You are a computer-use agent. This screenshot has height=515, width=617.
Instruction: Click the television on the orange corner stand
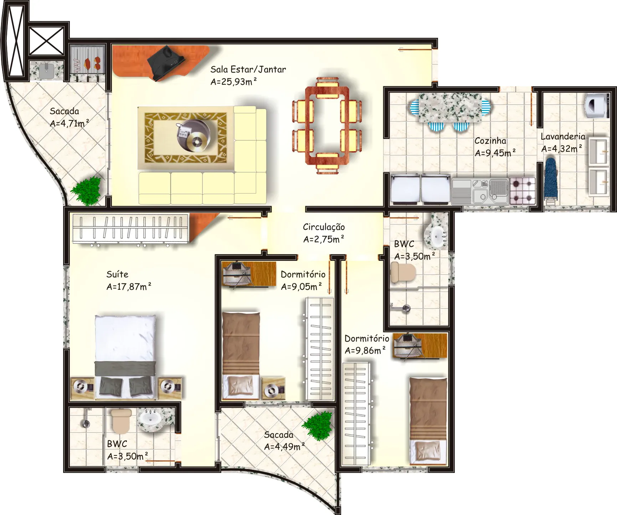click(166, 63)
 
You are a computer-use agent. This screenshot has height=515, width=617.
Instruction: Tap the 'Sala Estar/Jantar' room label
click(248, 69)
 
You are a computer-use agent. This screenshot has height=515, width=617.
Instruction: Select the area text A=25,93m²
click(233, 82)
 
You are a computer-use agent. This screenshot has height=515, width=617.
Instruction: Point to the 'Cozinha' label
click(490, 141)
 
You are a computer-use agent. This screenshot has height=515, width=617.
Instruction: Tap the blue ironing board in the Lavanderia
click(551, 180)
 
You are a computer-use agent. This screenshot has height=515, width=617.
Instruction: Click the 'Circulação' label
click(324, 227)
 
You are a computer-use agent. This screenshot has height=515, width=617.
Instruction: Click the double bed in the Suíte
click(125, 356)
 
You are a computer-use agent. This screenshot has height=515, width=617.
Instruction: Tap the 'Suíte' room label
click(117, 274)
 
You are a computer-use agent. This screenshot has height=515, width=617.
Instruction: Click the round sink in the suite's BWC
click(150, 417)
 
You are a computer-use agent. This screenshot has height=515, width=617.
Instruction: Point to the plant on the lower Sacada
click(318, 426)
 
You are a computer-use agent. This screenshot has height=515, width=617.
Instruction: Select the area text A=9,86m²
click(365, 350)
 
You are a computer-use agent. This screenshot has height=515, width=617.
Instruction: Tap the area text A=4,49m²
click(284, 447)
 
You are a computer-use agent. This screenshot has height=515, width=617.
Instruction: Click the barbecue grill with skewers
click(88, 63)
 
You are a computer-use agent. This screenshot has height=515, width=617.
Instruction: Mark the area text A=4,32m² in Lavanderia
click(562, 149)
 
